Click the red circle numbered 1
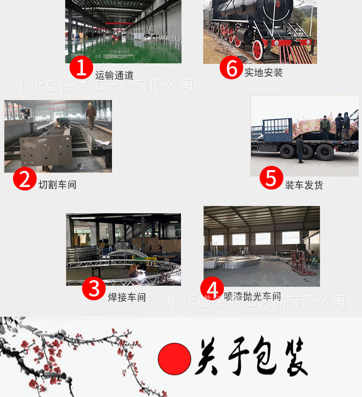[81, 68]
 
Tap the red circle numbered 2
[24, 178]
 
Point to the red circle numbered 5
[271, 178]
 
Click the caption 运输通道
[114, 75]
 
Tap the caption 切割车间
[57, 185]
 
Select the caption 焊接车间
[126, 297]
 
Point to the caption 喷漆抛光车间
[252, 296]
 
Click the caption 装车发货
[304, 185]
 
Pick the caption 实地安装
[263, 73]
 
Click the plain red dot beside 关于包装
[174, 359]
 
